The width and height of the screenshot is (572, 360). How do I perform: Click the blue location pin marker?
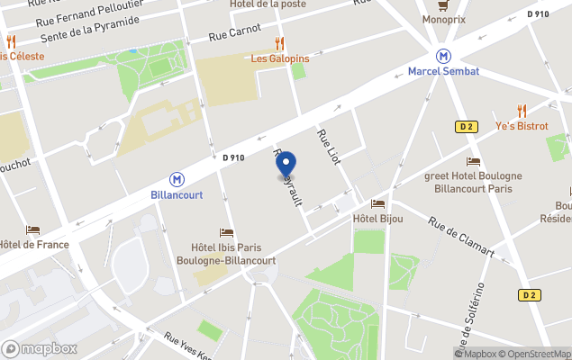click(x=286, y=166)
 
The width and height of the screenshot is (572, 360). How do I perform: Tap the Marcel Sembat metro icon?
click(x=443, y=56)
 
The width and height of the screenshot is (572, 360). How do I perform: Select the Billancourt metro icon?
click(x=177, y=179)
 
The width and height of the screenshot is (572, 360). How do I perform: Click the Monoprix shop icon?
click(x=443, y=5)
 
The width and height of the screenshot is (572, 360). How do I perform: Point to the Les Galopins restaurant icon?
click(x=279, y=43)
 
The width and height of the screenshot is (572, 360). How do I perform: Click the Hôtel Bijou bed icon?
click(x=377, y=204)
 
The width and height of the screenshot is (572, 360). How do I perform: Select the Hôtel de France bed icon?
click(x=33, y=230)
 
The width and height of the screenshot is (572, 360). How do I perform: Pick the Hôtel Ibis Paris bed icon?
click(x=226, y=233)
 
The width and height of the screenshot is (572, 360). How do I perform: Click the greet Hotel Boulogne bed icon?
click(x=473, y=161)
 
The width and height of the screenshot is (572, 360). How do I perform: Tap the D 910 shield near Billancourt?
click(x=233, y=157)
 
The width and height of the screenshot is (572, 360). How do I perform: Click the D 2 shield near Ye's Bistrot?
click(x=465, y=126)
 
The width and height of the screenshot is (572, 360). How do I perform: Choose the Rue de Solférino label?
click(x=470, y=319)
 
